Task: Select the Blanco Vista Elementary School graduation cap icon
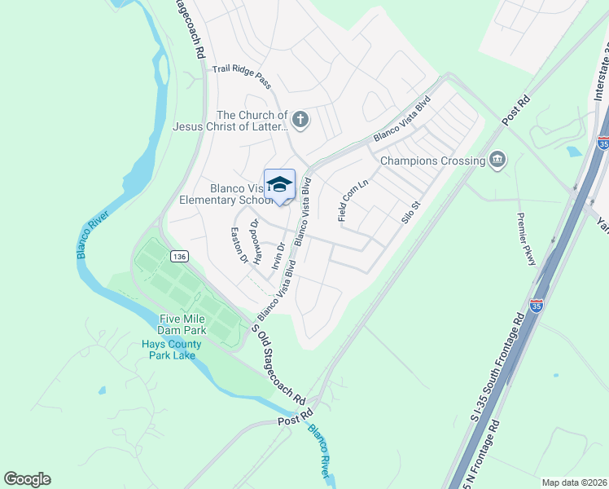pyautogui.click(x=279, y=184)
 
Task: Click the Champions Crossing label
pyautogui.click(x=432, y=161)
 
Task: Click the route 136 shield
pyautogui.click(x=179, y=256)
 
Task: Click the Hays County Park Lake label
pyautogui.click(x=175, y=350)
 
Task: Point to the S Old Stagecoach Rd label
pyautogui.click(x=278, y=368)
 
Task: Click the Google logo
pyautogui.click(x=27, y=479)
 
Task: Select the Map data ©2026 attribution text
pyautogui.click(x=574, y=482)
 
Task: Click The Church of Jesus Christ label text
pyautogui.click(x=230, y=121)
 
